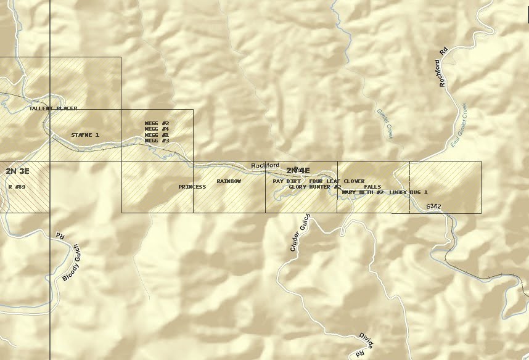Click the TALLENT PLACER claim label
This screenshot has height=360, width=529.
point(53,108)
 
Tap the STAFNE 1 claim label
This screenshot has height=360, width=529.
point(85,134)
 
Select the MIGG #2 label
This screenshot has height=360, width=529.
point(157,123)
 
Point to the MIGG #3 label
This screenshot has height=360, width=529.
point(157,141)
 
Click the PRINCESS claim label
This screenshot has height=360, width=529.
point(192,187)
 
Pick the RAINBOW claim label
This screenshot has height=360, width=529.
point(229,181)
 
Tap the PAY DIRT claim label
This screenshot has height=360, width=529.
point(287,181)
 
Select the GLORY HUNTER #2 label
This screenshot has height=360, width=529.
point(315,187)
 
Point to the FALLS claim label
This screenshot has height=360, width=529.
point(372,187)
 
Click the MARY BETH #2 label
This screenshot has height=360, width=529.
point(363,192)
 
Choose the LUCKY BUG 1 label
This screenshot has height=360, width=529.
point(408,192)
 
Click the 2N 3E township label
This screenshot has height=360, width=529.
point(17,170)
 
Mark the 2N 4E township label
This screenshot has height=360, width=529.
point(298,170)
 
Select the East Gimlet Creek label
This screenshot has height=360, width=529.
point(459,124)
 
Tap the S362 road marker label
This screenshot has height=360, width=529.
point(433,206)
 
